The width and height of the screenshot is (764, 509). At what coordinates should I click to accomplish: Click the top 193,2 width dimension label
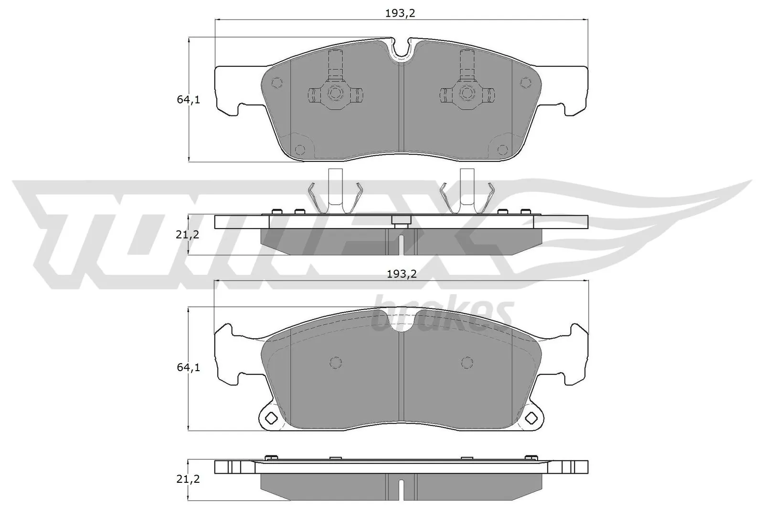tap(400, 14)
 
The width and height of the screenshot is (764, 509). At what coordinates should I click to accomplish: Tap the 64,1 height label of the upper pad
tap(188, 100)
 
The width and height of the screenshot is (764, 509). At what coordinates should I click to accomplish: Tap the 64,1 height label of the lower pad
tap(188, 368)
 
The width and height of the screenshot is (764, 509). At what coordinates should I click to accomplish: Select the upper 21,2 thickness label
tap(188, 234)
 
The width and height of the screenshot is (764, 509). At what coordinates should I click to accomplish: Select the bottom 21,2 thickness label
tap(188, 479)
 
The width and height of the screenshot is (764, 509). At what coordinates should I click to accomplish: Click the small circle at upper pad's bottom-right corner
tap(501, 150)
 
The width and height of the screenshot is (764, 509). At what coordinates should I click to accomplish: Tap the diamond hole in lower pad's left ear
tap(271, 418)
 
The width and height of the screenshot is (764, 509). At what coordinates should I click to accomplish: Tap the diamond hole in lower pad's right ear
tap(531, 418)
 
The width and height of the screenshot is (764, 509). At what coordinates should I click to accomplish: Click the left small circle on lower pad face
tap(336, 363)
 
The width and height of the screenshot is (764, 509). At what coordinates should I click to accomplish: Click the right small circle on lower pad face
tap(467, 363)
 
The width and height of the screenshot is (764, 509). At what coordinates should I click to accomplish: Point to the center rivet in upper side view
tap(401, 221)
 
